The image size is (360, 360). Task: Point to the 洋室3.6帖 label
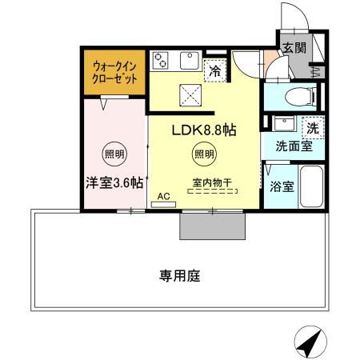coord(114,182)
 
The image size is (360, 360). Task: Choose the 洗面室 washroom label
coord(288,146)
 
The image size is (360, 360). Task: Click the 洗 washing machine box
coord(311,127)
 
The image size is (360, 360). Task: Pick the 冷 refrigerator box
coord(214,70)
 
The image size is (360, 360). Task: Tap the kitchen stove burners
coord(163,62)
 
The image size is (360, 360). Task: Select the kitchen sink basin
coord(192,60)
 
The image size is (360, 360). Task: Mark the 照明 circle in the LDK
coord(203,154)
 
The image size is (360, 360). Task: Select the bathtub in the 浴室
coord(309,189)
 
